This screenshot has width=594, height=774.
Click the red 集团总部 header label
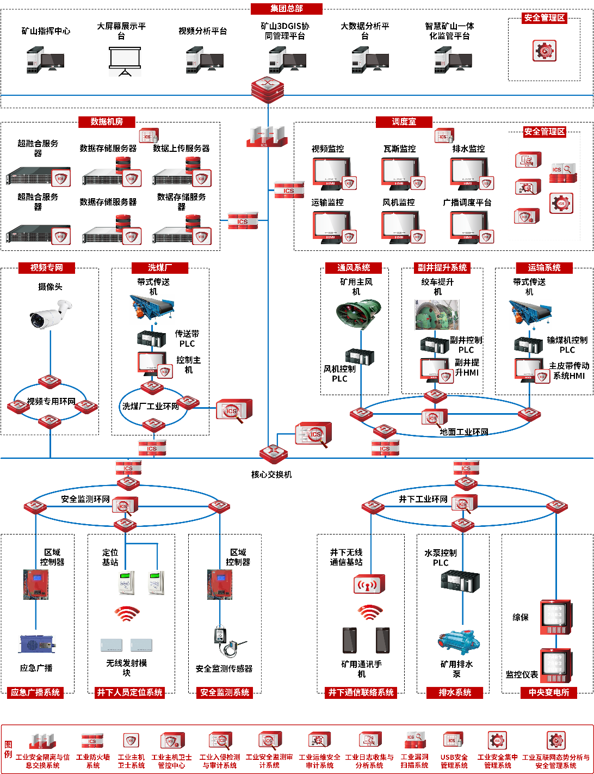(x=287, y=9)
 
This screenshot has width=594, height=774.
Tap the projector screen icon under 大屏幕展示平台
(x=125, y=60)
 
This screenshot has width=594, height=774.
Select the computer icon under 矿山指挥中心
(x=45, y=60)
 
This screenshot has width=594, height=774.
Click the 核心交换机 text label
(x=271, y=475)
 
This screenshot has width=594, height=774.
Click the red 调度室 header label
(x=404, y=122)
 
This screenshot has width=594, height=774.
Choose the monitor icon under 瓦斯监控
(x=401, y=174)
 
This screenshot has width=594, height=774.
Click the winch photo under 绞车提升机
(x=437, y=315)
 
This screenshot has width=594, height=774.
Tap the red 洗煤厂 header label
(x=160, y=268)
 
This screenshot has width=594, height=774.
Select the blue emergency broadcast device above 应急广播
(x=37, y=644)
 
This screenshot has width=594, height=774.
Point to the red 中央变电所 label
(x=548, y=692)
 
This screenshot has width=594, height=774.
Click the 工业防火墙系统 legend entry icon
(x=92, y=741)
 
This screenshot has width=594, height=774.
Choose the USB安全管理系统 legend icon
(x=453, y=741)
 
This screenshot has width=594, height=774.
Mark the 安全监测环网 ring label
(x=85, y=499)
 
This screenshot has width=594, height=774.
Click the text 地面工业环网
(x=464, y=432)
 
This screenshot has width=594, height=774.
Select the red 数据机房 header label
(x=107, y=122)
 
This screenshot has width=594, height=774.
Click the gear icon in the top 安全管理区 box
(x=544, y=51)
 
